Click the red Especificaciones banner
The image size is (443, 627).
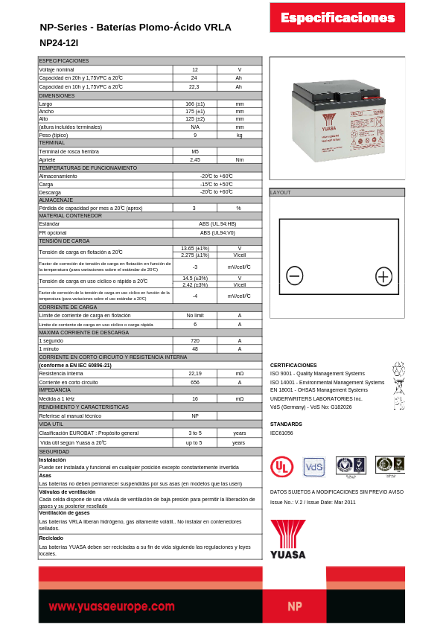coord(337,18)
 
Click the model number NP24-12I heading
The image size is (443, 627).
coord(59,43)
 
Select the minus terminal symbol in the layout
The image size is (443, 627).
coord(295,276)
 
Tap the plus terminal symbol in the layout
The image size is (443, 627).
coord(383,276)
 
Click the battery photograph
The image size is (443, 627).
coord(337,119)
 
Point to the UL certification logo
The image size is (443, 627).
coord(281,467)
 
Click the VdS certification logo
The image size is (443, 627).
coord(314,467)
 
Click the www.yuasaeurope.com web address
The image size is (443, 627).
coord(112,606)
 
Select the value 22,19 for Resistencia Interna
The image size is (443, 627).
coord(195,373)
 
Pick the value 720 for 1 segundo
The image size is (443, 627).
coord(195,340)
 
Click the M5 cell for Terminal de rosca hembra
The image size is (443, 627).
coord(195,151)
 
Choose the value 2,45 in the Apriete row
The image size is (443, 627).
coord(195,159)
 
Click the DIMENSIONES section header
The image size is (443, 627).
coord(57,95)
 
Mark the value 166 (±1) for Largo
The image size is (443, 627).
coord(195,104)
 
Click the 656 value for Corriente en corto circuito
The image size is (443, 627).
coord(195,381)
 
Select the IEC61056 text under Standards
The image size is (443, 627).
coord(281,433)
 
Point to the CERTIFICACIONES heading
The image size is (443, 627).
coord(293,365)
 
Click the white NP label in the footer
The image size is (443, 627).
coord(295,606)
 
